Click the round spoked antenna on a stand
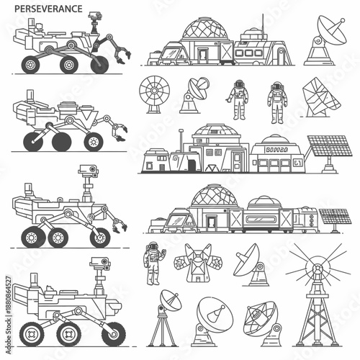click(x=153, y=94)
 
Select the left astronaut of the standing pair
click(x=238, y=99)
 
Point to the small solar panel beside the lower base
click(x=333, y=217)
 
